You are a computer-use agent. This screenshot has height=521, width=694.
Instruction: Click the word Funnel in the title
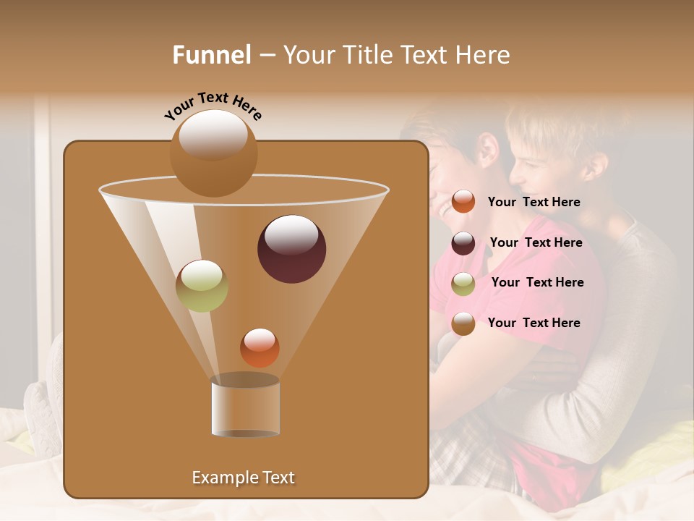tap(212, 55)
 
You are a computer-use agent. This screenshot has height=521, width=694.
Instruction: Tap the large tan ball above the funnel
tap(213, 153)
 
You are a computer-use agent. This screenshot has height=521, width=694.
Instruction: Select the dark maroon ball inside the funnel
tap(291, 249)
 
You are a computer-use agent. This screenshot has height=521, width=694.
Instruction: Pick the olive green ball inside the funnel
tap(202, 286)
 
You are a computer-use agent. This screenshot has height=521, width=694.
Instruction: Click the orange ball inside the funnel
tap(260, 348)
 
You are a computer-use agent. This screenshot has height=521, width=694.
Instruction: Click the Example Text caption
tap(243, 478)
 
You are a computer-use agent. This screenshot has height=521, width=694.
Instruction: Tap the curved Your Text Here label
tap(213, 106)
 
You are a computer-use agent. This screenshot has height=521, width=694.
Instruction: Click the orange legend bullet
tap(463, 202)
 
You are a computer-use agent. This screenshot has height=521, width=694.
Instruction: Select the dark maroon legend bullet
tap(463, 243)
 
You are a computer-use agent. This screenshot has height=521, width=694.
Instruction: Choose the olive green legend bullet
tap(463, 284)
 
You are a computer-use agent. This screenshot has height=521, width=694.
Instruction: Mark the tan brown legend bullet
tap(463, 323)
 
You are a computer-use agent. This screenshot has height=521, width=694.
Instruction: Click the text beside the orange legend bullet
tap(534, 203)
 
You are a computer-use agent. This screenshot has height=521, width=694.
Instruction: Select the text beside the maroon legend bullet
tap(536, 243)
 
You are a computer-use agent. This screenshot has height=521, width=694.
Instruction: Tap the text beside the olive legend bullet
tap(537, 283)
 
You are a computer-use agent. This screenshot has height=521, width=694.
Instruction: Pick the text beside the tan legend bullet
tap(534, 323)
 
